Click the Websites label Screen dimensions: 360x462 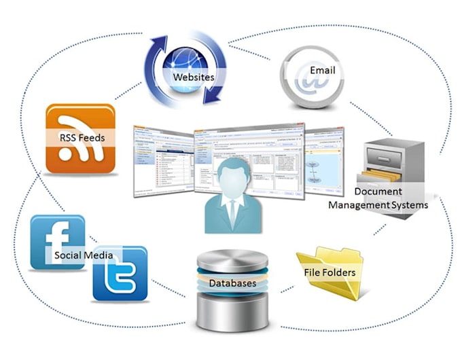pyautogui.click(x=193, y=77)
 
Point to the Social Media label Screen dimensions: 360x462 pyautogui.click(x=84, y=255)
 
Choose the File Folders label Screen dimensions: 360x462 pyautogui.click(x=330, y=273)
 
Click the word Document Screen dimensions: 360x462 pyautogui.click(x=378, y=192)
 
